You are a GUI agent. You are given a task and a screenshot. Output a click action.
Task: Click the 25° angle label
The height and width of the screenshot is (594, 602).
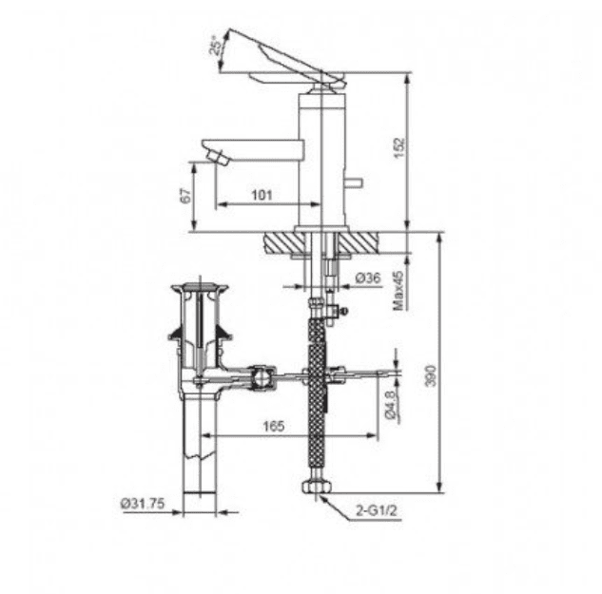[x=217, y=45]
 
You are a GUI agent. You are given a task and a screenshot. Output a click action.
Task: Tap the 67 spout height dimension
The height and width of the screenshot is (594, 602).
[x=186, y=195]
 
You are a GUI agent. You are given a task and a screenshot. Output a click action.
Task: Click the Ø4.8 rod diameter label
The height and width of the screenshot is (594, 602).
[x=392, y=404]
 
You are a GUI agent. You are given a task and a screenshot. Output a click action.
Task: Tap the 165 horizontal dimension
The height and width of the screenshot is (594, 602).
[x=274, y=428]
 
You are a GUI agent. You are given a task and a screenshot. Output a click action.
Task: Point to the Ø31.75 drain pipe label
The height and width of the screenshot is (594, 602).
[x=143, y=504]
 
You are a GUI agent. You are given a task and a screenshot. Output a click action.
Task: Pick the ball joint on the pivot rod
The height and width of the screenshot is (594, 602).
[x=257, y=379]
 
